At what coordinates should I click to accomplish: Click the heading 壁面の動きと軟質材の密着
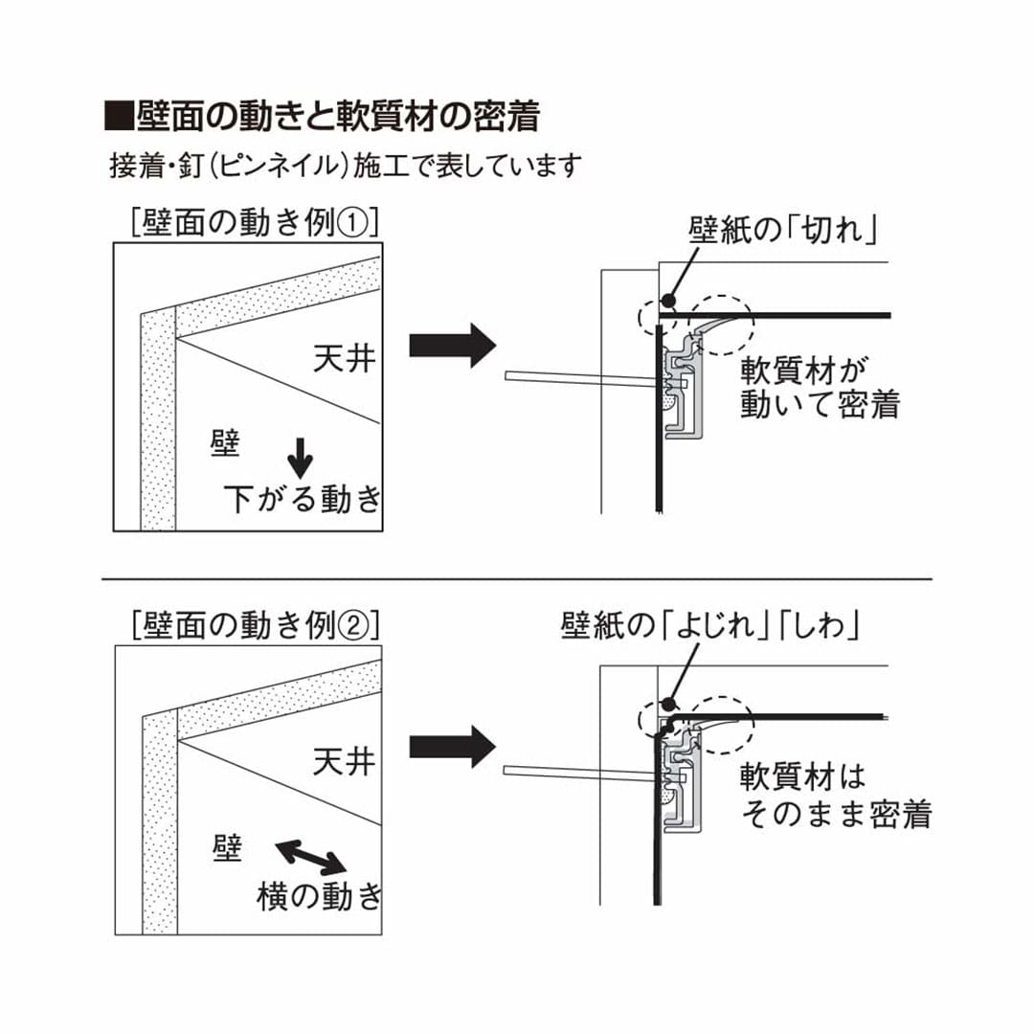pyautogui.click(x=323, y=117)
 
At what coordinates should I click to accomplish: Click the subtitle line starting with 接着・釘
pyautogui.click(x=346, y=166)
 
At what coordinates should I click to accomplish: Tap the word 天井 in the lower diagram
pyautogui.click(x=344, y=762)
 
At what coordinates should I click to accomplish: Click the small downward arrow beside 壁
pyautogui.click(x=301, y=457)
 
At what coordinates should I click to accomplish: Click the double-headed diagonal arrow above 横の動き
pyautogui.click(x=311, y=855)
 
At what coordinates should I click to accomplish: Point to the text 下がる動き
pyautogui.click(x=303, y=499)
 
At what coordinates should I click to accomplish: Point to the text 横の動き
pyautogui.click(x=319, y=896)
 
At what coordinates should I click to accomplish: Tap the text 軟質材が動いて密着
pyautogui.click(x=820, y=387)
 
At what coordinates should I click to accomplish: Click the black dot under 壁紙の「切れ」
pyautogui.click(x=668, y=302)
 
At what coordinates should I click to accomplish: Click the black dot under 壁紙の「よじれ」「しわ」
pyautogui.click(x=667, y=702)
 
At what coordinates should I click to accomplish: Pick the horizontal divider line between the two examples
pyautogui.click(x=517, y=579)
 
